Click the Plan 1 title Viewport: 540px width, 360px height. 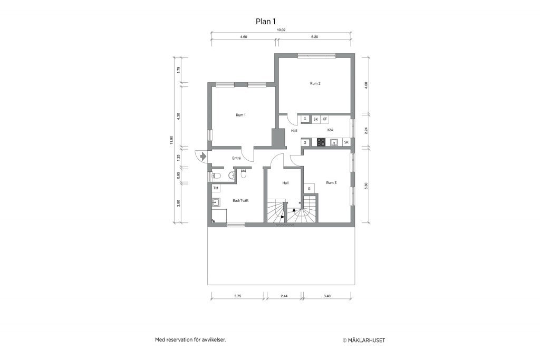(266, 22)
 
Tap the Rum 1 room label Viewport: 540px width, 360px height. (240, 115)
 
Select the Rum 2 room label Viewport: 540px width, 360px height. (315, 84)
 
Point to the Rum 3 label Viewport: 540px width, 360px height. (331, 183)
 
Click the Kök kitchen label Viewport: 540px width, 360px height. (330, 130)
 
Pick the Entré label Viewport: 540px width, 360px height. (236, 158)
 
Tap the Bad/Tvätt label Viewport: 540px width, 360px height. (240, 200)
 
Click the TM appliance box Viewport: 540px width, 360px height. (216, 188)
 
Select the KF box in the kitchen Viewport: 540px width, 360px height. (325, 119)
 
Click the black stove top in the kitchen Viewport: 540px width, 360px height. (321, 142)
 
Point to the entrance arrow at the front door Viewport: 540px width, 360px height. (203, 156)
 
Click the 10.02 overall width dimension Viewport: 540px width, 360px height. (282, 30)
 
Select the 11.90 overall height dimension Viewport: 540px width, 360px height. (171, 140)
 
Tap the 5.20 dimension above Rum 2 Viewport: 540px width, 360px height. (314, 37)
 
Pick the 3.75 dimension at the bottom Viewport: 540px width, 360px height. (238, 296)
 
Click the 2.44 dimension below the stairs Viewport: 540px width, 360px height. (284, 296)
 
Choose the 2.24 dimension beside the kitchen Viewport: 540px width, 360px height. (366, 130)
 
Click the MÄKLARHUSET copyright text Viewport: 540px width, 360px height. (364, 340)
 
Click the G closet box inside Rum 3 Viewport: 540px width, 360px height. (309, 189)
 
